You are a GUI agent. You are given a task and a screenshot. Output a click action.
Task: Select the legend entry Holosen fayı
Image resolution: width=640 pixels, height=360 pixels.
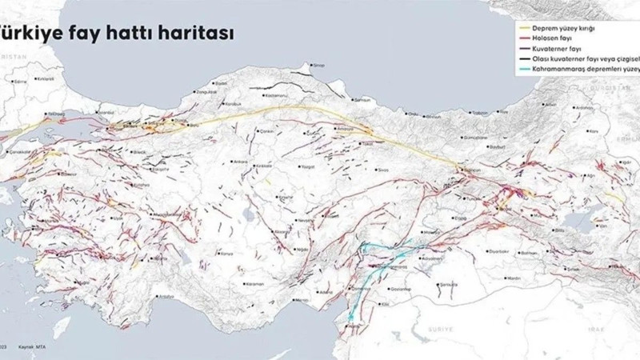point(551,38)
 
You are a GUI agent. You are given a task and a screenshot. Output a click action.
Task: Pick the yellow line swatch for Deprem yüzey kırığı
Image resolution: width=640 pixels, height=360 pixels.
point(525,28)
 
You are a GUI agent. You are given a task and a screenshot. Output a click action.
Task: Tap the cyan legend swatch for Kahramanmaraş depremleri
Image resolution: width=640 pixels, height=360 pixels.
point(525,70)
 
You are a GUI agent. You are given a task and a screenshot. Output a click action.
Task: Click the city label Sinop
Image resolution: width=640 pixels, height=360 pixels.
point(318,65)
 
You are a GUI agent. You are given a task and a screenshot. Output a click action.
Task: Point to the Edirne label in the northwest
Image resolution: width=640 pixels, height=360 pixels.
point(20,81)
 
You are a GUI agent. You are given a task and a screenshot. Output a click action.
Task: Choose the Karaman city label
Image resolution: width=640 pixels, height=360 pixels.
point(256,284)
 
